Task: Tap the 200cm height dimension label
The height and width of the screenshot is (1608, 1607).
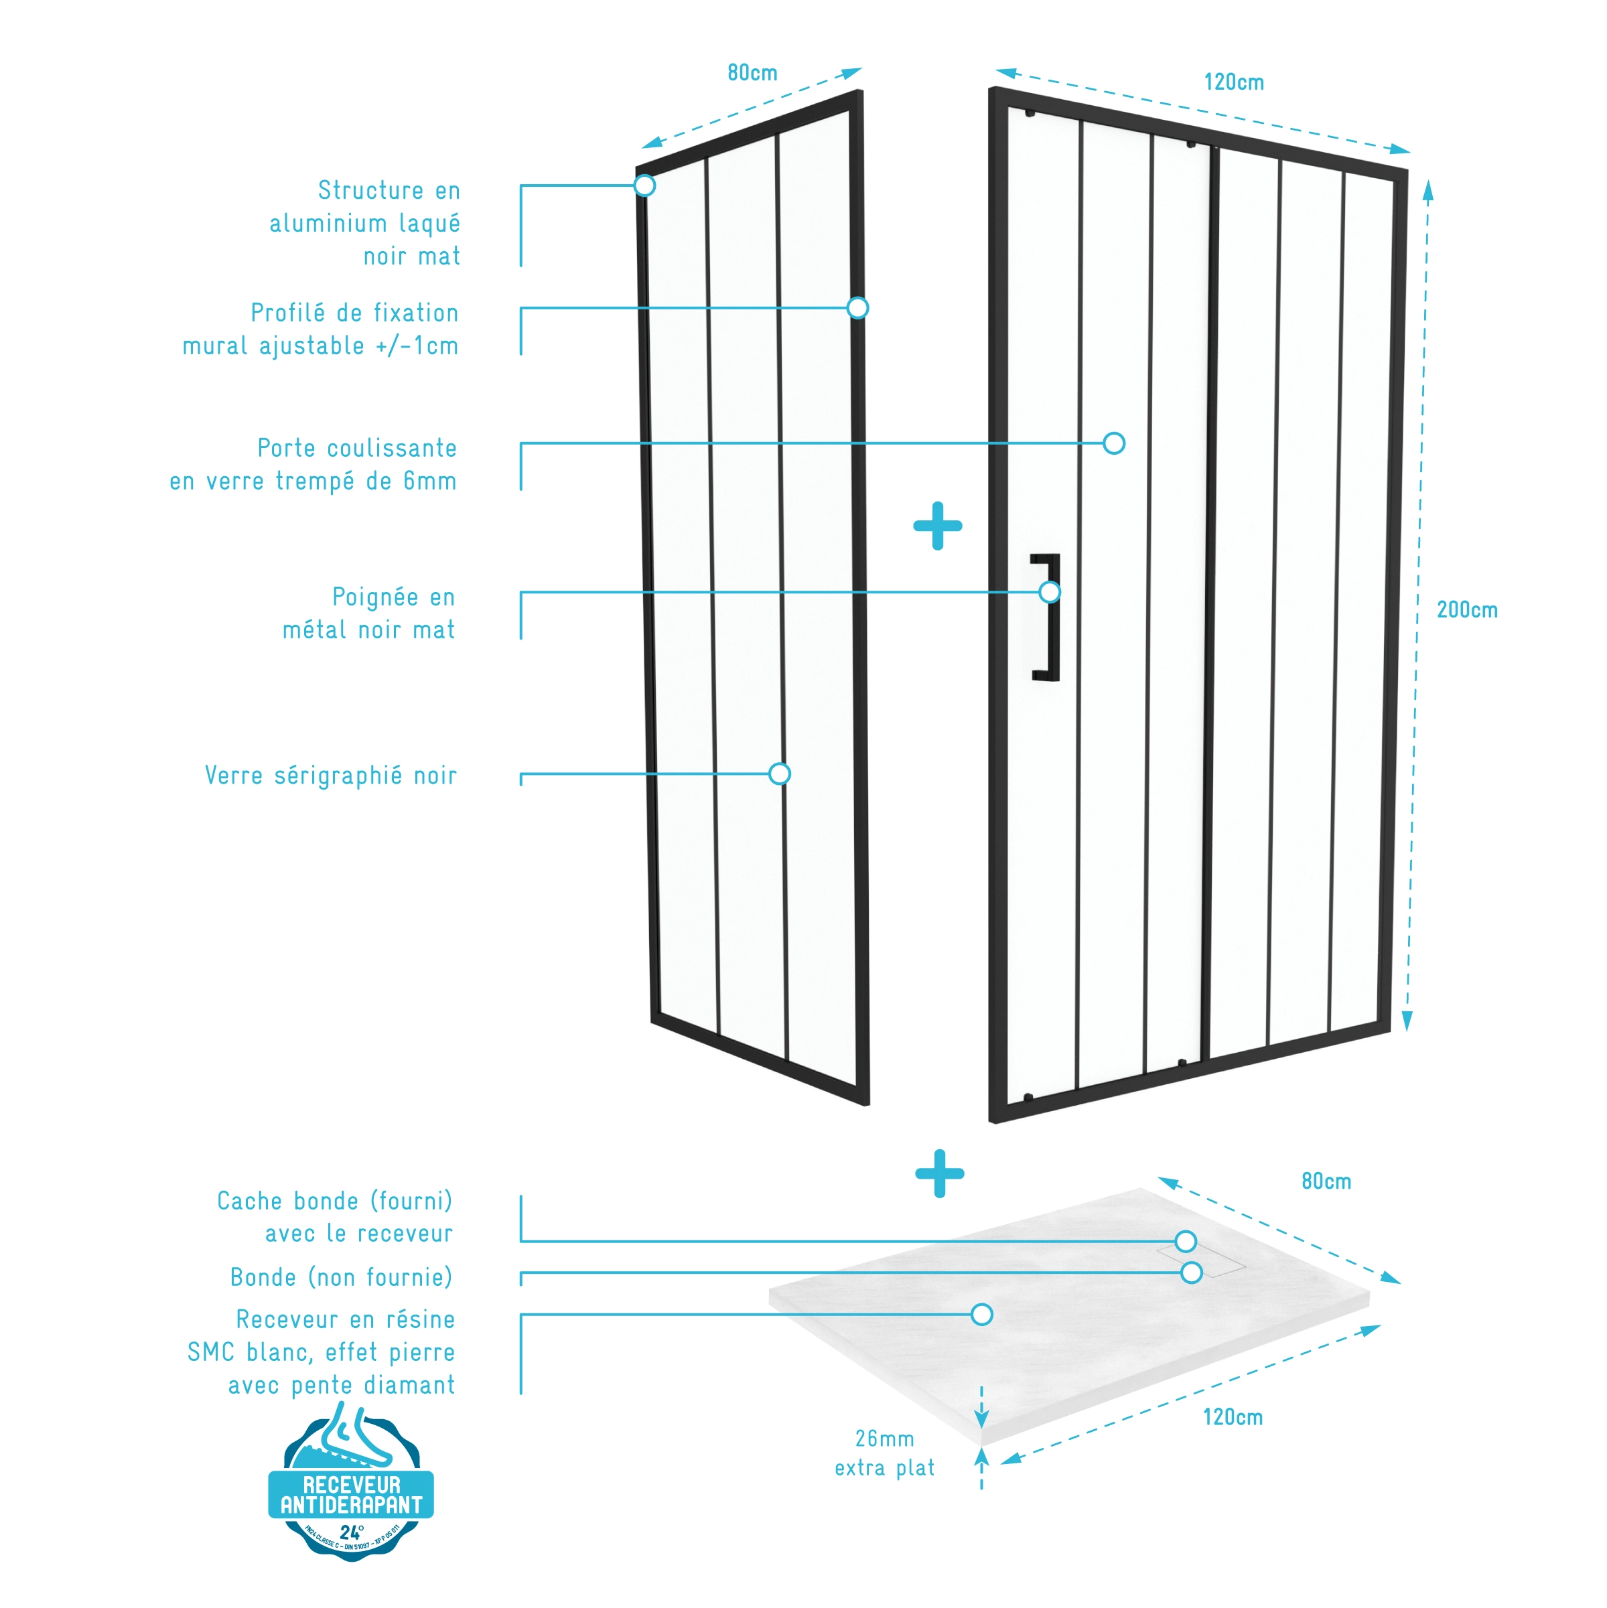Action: pos(1466,610)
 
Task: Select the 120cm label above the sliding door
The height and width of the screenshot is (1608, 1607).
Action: pos(1233,82)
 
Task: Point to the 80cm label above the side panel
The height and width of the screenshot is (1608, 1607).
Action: pos(752,73)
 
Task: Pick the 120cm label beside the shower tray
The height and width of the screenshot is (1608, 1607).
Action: pos(1233,1417)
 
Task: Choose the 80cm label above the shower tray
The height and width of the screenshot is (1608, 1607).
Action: pos(1326,1181)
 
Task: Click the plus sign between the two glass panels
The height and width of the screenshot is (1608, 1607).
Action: pos(938,525)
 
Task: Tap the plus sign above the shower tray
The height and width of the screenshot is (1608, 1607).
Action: pos(939,1173)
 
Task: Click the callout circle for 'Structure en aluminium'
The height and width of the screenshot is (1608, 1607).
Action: pos(644,185)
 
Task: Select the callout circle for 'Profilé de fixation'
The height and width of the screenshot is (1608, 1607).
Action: pos(857,308)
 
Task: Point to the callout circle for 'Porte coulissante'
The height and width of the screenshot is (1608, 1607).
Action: pos(1114,443)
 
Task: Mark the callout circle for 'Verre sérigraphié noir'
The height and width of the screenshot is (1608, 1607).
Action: pos(779,774)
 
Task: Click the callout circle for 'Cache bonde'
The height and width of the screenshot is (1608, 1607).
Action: pos(1186,1241)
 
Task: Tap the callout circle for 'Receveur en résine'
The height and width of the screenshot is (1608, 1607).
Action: pos(982,1314)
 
